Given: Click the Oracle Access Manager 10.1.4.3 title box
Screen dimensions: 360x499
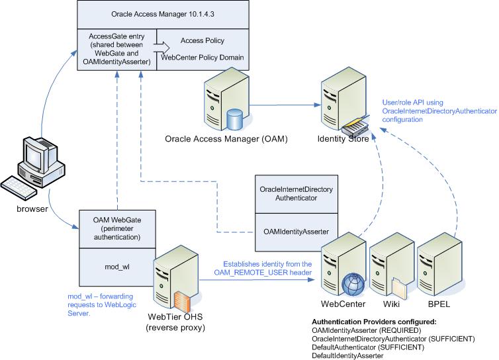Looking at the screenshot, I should (163, 14).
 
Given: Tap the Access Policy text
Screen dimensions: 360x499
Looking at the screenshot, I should (201, 40).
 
